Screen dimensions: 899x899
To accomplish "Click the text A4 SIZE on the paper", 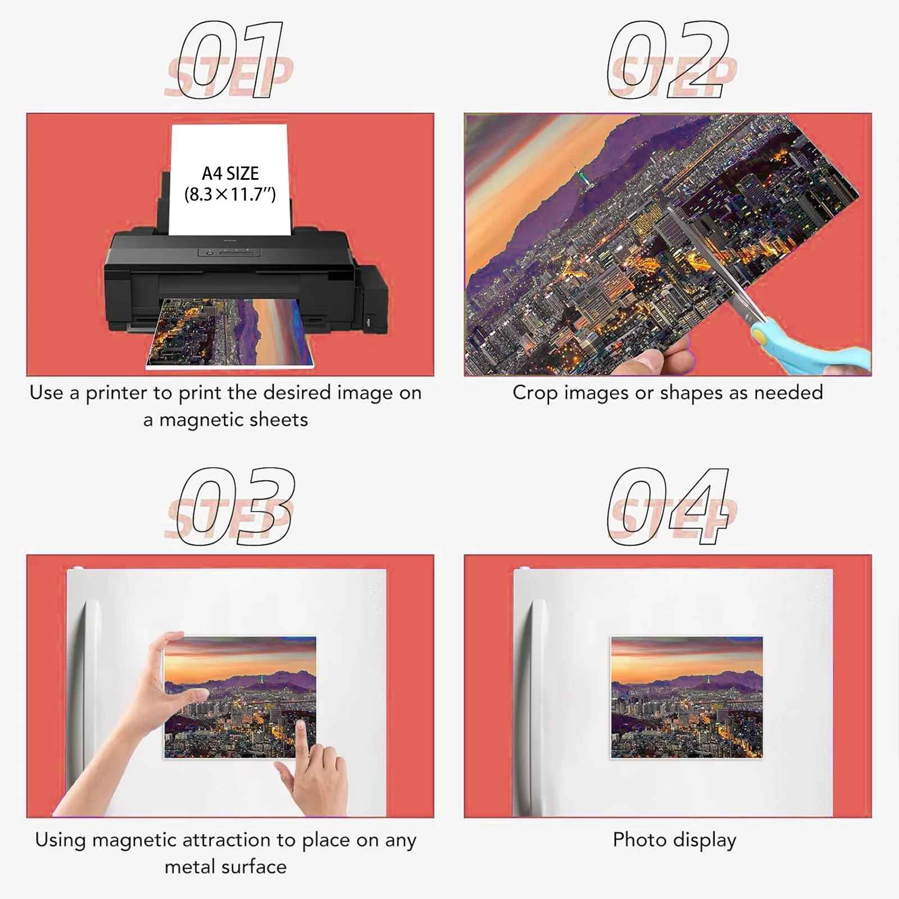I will tap(230, 173).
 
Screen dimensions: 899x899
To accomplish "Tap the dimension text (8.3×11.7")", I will tap(230, 194).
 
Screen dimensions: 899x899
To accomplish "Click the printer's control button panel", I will tap(229, 252).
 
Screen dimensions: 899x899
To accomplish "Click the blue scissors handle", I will tap(815, 348).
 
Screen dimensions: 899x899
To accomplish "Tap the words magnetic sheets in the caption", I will tap(233, 420).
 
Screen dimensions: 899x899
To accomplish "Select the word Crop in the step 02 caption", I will tap(535, 393).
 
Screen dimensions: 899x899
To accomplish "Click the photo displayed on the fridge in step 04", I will tap(687, 697).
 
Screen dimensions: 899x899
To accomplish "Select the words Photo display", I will tap(674, 840).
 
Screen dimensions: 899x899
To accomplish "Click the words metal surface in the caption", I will tap(225, 867).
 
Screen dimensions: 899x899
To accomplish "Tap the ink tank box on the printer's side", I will tap(374, 303).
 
